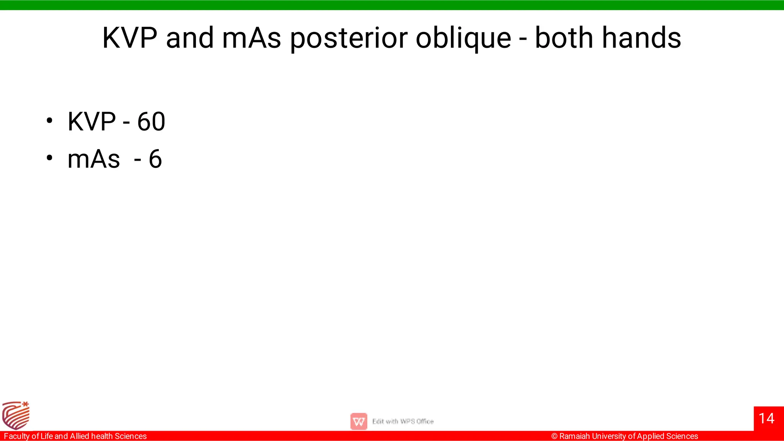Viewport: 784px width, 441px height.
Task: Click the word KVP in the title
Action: point(130,38)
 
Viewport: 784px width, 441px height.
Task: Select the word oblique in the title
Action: point(463,39)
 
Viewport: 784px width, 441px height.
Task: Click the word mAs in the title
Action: point(252,38)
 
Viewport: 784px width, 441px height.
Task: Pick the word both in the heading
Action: point(563,38)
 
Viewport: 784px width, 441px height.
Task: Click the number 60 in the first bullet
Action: point(151,122)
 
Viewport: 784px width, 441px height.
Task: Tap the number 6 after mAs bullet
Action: point(155,159)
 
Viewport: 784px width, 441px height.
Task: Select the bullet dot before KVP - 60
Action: point(49,121)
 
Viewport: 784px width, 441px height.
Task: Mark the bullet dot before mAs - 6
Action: point(49,158)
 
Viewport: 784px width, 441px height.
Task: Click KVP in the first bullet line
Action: point(91,122)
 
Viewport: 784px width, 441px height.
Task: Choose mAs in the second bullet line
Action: point(93,159)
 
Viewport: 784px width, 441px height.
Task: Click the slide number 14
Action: point(766,418)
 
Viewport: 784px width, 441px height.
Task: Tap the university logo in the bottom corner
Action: point(16,415)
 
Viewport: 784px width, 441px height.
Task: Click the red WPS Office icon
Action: point(359,421)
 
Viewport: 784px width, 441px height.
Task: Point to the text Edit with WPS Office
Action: point(403,421)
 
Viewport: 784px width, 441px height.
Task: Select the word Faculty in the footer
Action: point(16,436)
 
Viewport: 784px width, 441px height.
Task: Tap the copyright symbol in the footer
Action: point(554,436)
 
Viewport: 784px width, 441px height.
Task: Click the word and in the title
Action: point(190,38)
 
